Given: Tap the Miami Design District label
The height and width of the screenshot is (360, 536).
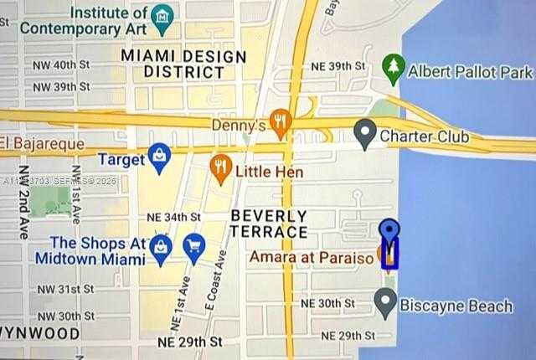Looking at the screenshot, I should [184, 64].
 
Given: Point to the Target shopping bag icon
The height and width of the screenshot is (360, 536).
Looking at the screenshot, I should [159, 156].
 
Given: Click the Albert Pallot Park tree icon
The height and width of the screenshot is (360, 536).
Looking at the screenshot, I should [393, 66].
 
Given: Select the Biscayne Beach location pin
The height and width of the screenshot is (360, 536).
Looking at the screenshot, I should [385, 301].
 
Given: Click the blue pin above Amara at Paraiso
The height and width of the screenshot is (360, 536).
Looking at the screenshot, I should [389, 233].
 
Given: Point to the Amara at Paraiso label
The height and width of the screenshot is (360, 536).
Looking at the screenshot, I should [312, 258].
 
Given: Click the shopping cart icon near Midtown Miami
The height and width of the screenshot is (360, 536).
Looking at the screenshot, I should [194, 247].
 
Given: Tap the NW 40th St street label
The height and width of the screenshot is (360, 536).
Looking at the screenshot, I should [60, 64].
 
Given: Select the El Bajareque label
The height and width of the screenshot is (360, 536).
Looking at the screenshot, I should [44, 144].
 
